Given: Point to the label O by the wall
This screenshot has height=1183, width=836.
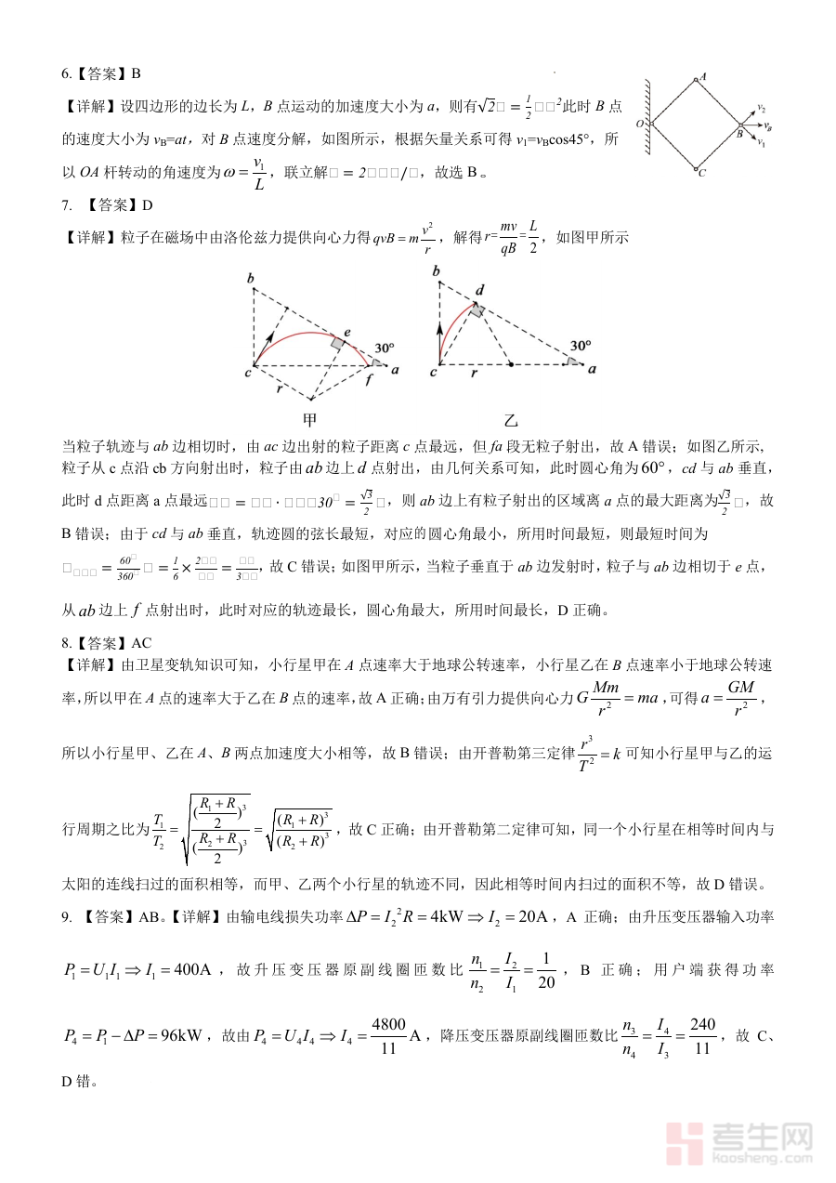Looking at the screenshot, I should [x=639, y=123].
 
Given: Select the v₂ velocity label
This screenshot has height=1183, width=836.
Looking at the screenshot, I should [x=761, y=109].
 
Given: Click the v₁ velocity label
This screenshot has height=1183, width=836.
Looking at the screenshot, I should [x=761, y=143].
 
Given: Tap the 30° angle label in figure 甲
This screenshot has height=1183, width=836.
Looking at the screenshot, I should [x=385, y=348].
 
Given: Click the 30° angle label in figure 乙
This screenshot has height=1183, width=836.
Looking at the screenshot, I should [x=581, y=345].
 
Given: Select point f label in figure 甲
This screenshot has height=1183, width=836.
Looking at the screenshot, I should [x=370, y=379].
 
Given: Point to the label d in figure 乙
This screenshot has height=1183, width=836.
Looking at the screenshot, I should [x=479, y=290].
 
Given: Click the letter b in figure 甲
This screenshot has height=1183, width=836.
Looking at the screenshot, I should [x=250, y=278].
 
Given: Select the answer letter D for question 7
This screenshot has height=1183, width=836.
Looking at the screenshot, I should [x=147, y=204].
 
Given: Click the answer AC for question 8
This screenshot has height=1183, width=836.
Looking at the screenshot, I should [x=141, y=642].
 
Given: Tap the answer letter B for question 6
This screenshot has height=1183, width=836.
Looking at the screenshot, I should [x=136, y=73].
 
